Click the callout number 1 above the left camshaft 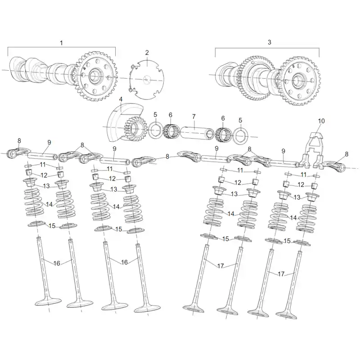(x=61, y=43)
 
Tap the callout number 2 (x=147, y=53)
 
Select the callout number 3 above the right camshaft (x=269, y=42)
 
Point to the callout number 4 (x=121, y=99)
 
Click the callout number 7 (x=194, y=117)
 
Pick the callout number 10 (x=321, y=121)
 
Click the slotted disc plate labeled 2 (x=147, y=80)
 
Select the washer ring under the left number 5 (x=156, y=130)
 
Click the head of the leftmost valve (x=48, y=301)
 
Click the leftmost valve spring (x=34, y=202)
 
